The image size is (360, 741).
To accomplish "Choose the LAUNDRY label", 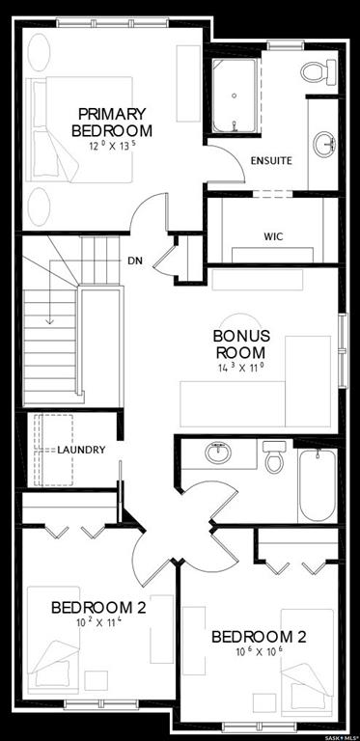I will point(81,450).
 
